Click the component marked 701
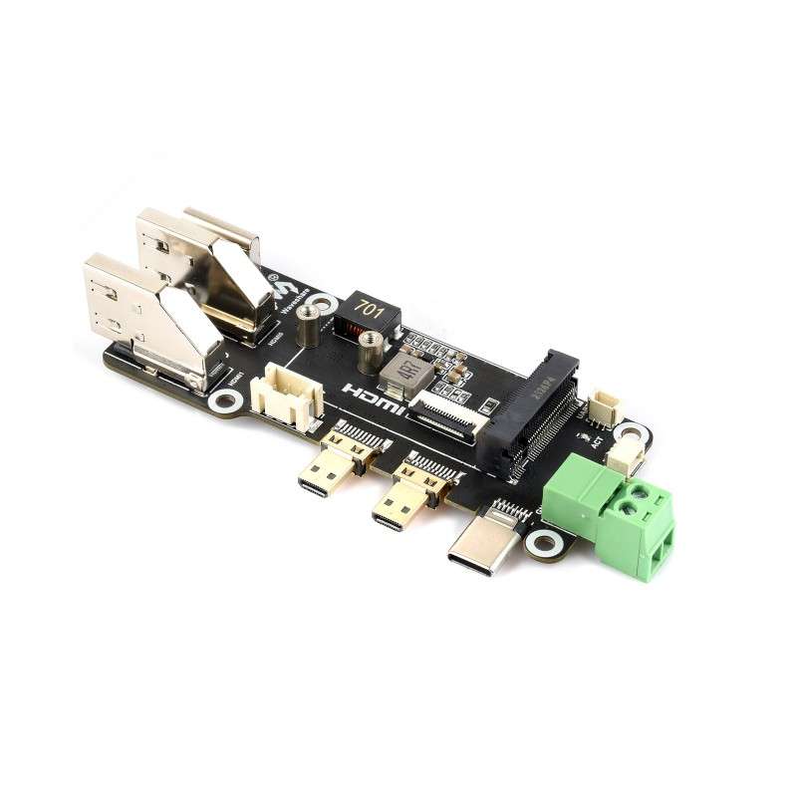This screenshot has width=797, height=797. click(x=371, y=311)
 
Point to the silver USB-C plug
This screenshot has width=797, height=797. click(x=485, y=540)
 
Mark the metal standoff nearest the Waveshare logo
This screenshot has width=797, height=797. click(x=309, y=325)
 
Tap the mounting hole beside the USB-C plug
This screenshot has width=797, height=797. click(x=544, y=543)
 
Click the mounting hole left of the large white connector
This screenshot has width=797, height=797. click(x=223, y=401)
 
